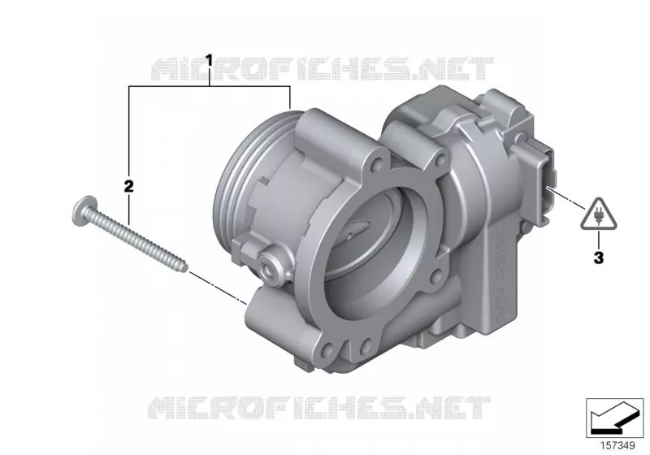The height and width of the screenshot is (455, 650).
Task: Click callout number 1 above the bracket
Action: [x=210, y=60]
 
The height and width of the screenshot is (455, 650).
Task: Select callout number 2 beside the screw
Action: [x=129, y=187]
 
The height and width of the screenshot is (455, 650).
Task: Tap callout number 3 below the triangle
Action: [x=599, y=258]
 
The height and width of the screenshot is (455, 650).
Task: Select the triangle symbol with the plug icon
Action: [x=598, y=214]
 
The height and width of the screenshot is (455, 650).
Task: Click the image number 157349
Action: [x=617, y=445]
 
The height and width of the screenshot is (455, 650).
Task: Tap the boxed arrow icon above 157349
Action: [x=614, y=418]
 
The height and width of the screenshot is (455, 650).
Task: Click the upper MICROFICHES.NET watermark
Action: [x=323, y=69]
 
